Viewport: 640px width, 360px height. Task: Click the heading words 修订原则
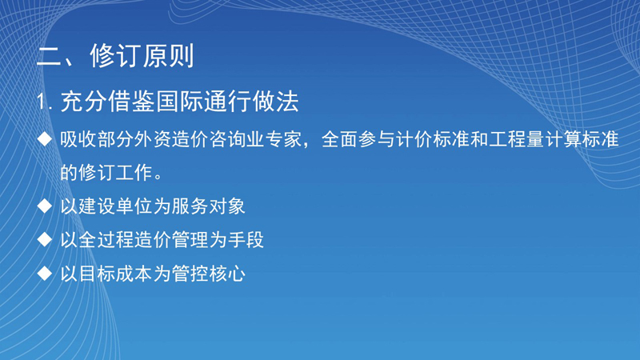pos(142,56)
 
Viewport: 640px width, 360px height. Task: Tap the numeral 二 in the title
pos(50,56)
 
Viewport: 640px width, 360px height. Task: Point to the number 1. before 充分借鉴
pos(45,102)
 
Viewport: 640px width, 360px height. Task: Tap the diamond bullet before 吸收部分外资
pos(45,138)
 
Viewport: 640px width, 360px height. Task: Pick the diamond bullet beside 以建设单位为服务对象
pos(45,206)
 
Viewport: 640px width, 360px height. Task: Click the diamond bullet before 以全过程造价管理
pos(45,239)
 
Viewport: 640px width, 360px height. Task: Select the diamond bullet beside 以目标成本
pos(45,273)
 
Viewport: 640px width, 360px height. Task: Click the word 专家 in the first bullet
pos(283,139)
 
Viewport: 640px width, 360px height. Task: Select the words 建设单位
pos(115,206)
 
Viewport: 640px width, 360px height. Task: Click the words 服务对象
pos(208,206)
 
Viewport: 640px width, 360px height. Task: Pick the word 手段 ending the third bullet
pos(246,239)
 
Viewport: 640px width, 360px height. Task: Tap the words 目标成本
pos(115,274)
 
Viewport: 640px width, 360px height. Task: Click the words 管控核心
pos(208,274)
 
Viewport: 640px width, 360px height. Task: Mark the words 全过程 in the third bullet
pos(106,239)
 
